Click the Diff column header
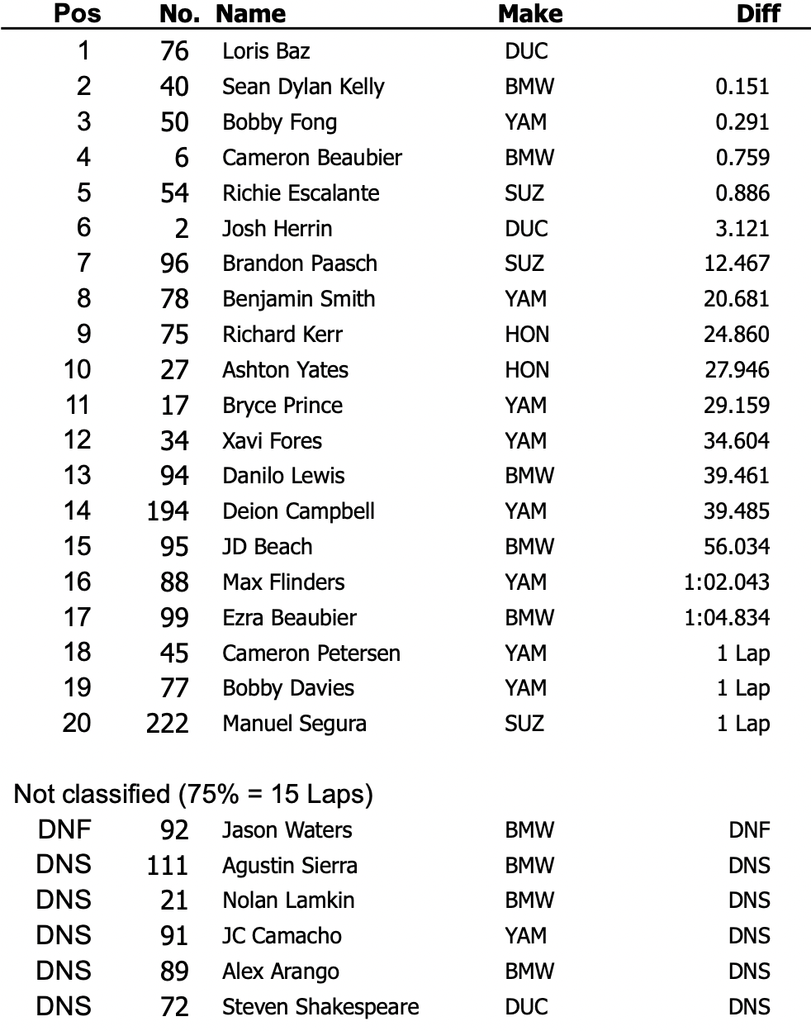click(x=757, y=14)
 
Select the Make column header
click(x=529, y=14)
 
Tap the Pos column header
click(x=78, y=14)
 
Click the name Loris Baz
click(x=266, y=51)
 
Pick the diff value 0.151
click(x=742, y=87)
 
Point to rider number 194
click(x=168, y=511)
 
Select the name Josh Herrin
click(x=277, y=228)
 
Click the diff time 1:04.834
click(x=726, y=617)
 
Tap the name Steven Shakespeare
click(x=320, y=1007)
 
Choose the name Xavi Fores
click(x=272, y=440)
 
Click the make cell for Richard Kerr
click(x=527, y=335)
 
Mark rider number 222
click(x=168, y=724)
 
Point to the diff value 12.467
click(x=736, y=264)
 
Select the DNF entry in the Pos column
click(x=64, y=829)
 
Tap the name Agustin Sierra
click(x=289, y=866)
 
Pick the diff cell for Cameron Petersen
click(x=742, y=653)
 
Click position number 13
click(x=77, y=476)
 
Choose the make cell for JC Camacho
click(x=526, y=936)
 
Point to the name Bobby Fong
click(x=279, y=122)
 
